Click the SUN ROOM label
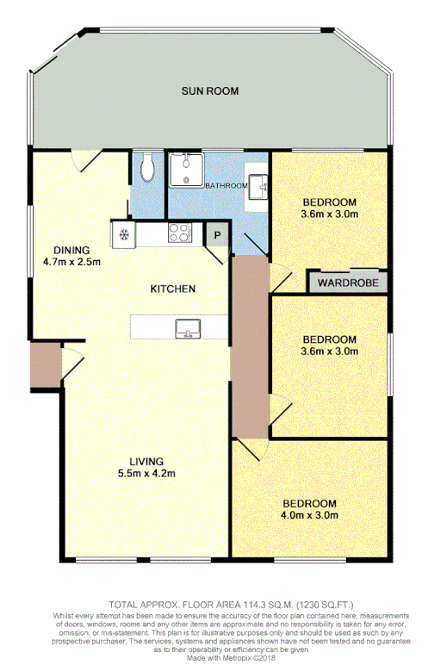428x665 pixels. tap(209, 90)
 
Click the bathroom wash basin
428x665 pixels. tap(258, 183)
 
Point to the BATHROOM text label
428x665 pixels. tap(226, 185)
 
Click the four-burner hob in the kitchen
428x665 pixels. tap(179, 232)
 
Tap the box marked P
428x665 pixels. tap(216, 233)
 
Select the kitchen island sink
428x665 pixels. tap(187, 327)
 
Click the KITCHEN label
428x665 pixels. tap(172, 289)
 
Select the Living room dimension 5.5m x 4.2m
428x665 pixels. tap(147, 474)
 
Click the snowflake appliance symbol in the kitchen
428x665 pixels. tap(123, 233)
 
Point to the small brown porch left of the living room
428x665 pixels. tap(44, 365)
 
